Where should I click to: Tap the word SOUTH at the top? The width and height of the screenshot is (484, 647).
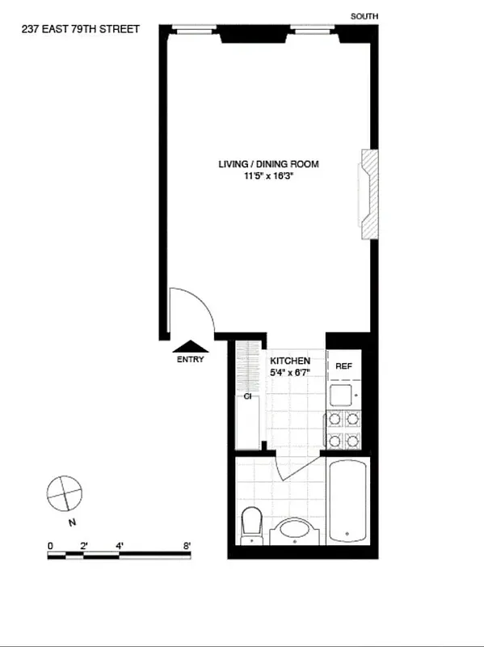pyautogui.click(x=364, y=16)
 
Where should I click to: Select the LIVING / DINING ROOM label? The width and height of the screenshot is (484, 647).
pyautogui.click(x=268, y=164)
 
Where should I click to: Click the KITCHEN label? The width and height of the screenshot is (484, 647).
pyautogui.click(x=290, y=361)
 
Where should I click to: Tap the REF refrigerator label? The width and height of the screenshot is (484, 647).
pyautogui.click(x=343, y=366)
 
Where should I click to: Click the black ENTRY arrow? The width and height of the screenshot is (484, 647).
pyautogui.click(x=191, y=347)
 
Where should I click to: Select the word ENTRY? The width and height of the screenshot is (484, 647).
pyautogui.click(x=191, y=360)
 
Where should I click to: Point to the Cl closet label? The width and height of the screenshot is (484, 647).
pyautogui.click(x=248, y=397)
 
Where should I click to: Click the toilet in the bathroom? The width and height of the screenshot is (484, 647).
pyautogui.click(x=251, y=523)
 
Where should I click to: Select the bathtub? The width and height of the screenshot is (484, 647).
pyautogui.click(x=348, y=501)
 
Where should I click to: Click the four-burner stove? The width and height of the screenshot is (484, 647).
pyautogui.click(x=343, y=430)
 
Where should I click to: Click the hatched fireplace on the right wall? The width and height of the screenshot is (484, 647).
pyautogui.click(x=368, y=193)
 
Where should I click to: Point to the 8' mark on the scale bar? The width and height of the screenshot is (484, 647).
pyautogui.click(x=188, y=546)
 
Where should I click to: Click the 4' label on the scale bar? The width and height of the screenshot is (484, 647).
pyautogui.click(x=120, y=546)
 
